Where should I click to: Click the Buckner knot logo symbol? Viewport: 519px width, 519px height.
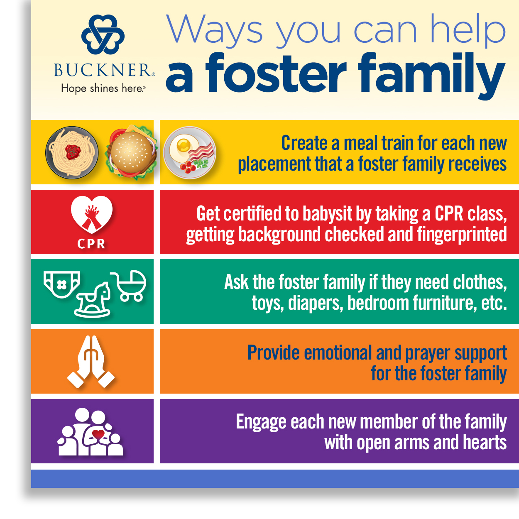(103, 34)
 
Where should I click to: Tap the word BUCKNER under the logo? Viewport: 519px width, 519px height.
(103, 71)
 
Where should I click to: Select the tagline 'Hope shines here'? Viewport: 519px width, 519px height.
(103, 88)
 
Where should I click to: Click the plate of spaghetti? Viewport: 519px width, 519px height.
(72, 152)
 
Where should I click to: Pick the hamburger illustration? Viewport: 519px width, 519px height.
(132, 152)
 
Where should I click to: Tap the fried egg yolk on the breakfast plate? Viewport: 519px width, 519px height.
(183, 145)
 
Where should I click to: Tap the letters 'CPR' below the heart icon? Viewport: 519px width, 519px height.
(91, 244)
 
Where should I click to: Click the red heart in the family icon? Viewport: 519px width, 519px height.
(98, 435)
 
